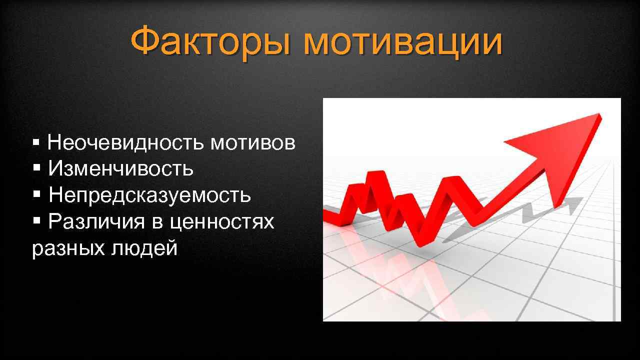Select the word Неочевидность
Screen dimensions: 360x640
[125, 143]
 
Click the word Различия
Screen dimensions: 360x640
[96, 221]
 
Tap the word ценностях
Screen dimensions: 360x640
[222, 221]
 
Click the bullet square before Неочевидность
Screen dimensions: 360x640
[35, 143]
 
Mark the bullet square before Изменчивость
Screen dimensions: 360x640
[36, 168]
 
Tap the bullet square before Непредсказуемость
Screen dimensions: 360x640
[36, 194]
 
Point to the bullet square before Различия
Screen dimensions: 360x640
[36, 220]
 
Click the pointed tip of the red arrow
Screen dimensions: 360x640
[600, 116]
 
